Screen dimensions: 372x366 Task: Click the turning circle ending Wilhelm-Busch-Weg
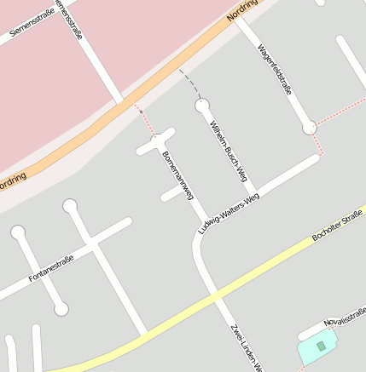[202, 106]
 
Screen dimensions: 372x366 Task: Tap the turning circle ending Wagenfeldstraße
[309, 128]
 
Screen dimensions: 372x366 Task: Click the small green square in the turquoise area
[321, 346]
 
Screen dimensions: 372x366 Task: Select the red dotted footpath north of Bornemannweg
[148, 122]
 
